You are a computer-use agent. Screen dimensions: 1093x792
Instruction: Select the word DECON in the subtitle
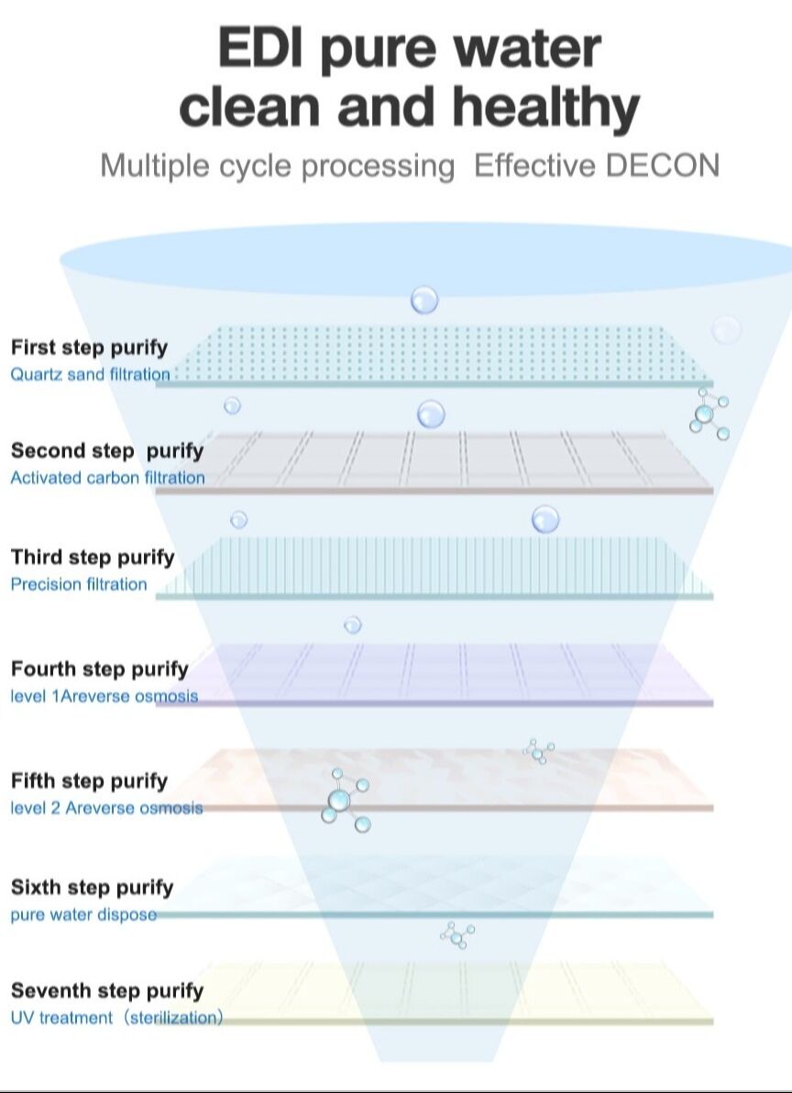tap(663, 166)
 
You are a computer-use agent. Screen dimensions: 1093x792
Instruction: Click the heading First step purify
tap(90, 347)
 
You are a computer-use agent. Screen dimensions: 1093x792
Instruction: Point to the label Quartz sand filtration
tap(91, 374)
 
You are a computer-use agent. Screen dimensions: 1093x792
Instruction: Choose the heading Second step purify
tap(107, 451)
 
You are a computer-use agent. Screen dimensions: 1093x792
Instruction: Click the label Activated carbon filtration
tap(108, 477)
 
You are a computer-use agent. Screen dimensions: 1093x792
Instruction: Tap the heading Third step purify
tap(93, 557)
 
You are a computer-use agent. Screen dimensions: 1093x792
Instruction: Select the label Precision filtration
tap(79, 585)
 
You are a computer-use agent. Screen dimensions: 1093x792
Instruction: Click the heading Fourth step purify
tap(100, 669)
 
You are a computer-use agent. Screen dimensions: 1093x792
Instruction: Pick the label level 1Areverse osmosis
tap(104, 696)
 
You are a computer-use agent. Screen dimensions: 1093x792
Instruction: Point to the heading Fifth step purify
tap(90, 781)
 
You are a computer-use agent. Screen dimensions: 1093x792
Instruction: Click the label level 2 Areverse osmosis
tap(107, 808)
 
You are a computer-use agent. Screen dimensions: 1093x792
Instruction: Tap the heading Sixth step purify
tap(93, 887)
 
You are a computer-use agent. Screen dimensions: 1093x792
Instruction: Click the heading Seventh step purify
tap(107, 990)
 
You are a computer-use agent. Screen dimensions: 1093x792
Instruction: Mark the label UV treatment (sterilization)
tap(117, 1018)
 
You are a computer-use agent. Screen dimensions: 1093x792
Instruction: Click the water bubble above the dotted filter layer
tap(424, 300)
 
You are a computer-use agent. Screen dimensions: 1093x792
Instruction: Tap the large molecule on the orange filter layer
tap(341, 800)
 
